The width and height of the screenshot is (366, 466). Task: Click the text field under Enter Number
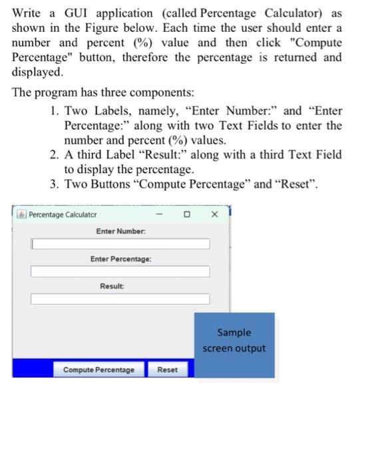[120, 244]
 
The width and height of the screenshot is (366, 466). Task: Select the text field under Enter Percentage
[120, 272]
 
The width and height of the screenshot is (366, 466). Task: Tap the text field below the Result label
[120, 299]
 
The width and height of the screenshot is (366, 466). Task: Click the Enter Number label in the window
[120, 230]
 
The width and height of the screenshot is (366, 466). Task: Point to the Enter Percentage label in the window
[120, 258]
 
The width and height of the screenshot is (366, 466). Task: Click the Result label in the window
[112, 285]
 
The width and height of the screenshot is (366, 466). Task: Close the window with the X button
[214, 214]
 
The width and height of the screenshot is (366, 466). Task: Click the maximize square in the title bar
[187, 214]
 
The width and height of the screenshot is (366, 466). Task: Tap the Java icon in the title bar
[21, 215]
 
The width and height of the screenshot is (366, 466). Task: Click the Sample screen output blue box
[234, 340]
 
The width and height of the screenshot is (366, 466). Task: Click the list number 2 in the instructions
[54, 154]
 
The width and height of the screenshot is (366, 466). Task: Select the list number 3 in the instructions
[54, 184]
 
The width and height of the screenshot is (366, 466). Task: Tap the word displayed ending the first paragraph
[37, 71]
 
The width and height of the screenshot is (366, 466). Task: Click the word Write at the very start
[27, 13]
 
